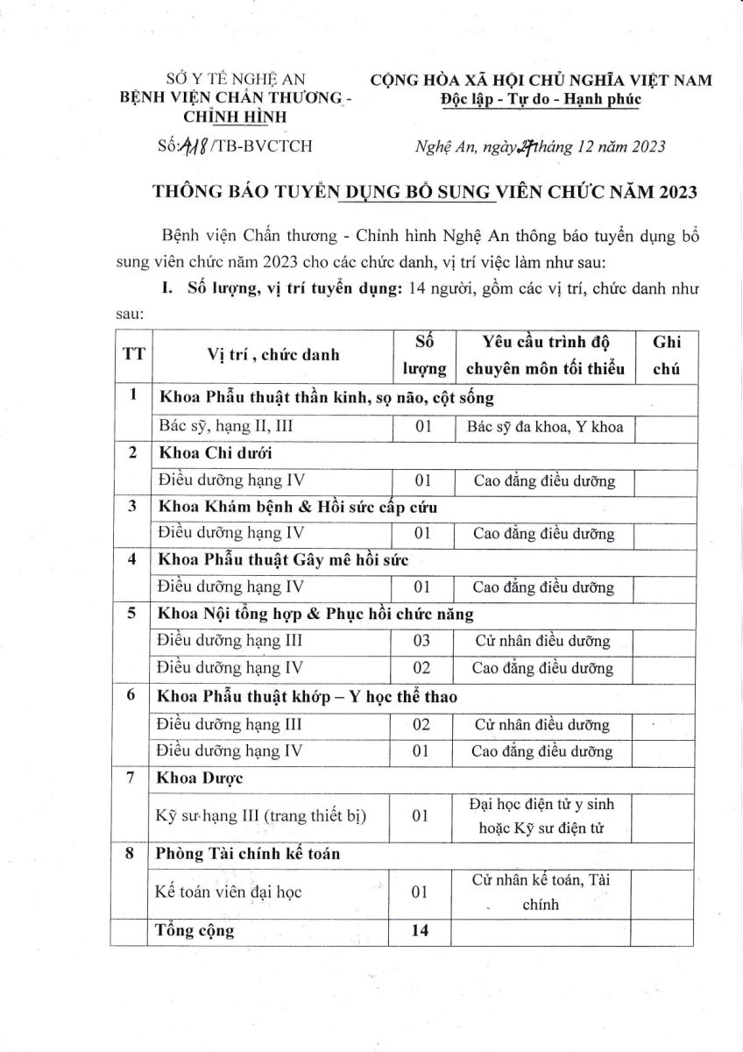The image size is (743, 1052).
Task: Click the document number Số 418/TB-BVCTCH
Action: click(x=232, y=146)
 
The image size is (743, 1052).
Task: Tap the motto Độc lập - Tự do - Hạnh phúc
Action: click(x=541, y=99)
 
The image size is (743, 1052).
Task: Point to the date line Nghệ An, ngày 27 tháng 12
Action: click(x=539, y=146)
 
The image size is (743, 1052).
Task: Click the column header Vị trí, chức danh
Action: click(x=272, y=354)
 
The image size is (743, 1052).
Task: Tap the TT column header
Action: click(x=132, y=354)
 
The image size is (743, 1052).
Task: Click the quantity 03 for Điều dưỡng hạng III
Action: click(x=421, y=642)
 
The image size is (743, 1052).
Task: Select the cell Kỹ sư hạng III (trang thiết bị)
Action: click(x=260, y=815)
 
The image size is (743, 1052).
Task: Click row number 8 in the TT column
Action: click(x=132, y=854)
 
